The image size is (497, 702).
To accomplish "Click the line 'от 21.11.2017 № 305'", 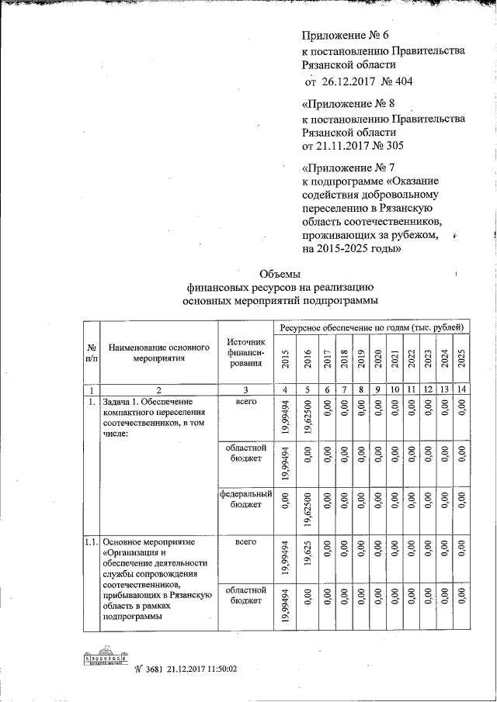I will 352,145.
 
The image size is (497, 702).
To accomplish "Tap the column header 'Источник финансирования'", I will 246,354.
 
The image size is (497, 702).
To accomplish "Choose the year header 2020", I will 378,358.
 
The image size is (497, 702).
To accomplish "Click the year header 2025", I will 461,358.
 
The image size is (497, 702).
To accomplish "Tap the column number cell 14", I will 461,389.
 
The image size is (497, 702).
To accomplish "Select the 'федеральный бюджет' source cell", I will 246,498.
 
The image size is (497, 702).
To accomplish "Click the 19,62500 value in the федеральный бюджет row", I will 308,507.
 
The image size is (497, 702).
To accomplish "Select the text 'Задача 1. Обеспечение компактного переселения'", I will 152,409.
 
